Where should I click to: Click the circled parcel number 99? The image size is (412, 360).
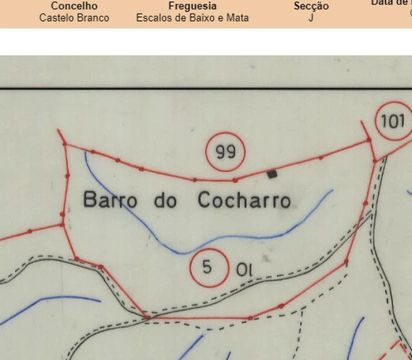click(x=225, y=152)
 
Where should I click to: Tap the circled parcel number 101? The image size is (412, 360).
click(x=393, y=121)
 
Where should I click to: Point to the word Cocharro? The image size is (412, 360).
click(x=244, y=200)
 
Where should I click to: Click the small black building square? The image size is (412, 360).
click(x=272, y=174)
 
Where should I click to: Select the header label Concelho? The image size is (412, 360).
click(x=74, y=6)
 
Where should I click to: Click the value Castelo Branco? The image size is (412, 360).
click(x=74, y=18)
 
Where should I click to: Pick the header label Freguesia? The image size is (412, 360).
click(x=192, y=6)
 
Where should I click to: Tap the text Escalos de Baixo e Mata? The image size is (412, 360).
click(x=192, y=18)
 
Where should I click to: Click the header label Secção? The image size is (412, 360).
click(x=311, y=6)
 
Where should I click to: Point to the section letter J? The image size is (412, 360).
click(x=311, y=18)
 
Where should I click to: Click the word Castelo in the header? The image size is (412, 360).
click(x=55, y=18)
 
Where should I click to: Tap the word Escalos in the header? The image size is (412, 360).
click(x=152, y=18)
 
